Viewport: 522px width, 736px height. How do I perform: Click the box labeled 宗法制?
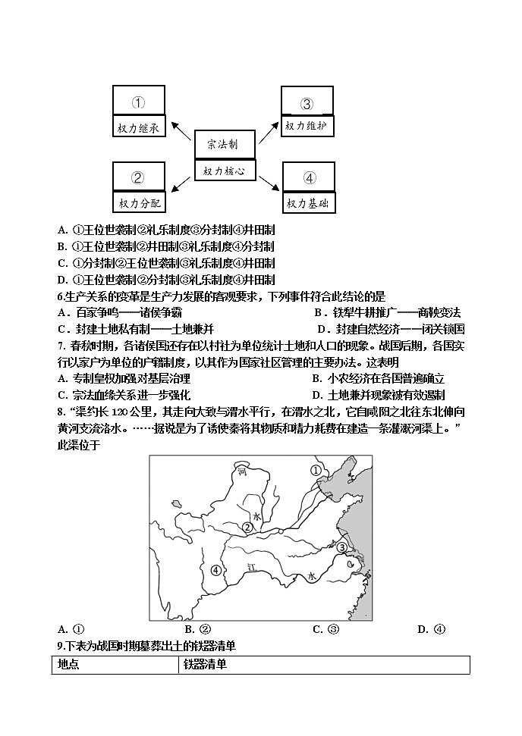point(225,145)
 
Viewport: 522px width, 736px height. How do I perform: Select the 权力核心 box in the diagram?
point(225,171)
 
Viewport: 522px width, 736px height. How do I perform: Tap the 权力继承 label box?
point(138,128)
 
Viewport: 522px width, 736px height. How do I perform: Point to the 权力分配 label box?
point(138,203)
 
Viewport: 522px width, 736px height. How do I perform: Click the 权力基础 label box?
point(309,203)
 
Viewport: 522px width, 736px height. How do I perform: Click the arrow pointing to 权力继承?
point(181,128)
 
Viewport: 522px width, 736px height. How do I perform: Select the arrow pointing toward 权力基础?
point(270,185)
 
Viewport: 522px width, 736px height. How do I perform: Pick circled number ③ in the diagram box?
point(307,104)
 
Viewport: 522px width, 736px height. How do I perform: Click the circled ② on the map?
point(247,527)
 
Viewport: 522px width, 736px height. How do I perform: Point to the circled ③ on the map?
point(342,547)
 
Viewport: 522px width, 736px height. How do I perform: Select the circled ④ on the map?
point(217,570)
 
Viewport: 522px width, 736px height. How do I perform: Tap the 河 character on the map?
point(242,472)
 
